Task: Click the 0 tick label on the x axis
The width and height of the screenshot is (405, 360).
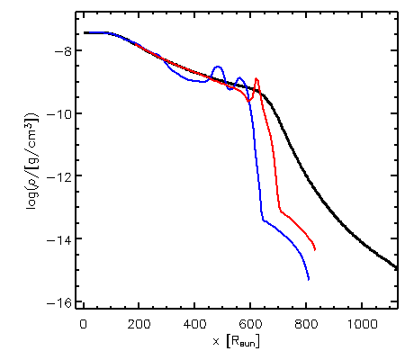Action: (x=84, y=325)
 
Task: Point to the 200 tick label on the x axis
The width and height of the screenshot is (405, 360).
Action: (x=139, y=325)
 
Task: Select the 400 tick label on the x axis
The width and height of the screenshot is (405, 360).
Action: (x=194, y=325)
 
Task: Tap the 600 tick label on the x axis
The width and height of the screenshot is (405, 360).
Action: (x=250, y=325)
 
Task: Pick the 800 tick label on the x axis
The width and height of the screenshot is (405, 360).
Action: (x=306, y=325)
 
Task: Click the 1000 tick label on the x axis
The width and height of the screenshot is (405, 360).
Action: (x=362, y=325)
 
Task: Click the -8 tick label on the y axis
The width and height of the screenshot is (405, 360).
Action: (x=63, y=51)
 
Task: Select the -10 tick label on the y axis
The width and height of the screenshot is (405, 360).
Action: (x=59, y=113)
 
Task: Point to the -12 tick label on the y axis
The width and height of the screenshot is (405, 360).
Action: (x=59, y=176)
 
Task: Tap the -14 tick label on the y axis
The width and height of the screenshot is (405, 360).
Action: (x=59, y=239)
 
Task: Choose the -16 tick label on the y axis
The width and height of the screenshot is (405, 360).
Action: (x=59, y=302)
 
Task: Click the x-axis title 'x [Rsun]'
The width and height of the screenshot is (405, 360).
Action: (x=236, y=341)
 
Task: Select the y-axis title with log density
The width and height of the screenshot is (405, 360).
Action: (x=33, y=160)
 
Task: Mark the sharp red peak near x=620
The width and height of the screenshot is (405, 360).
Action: (x=256, y=78)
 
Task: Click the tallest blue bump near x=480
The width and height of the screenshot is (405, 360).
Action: (x=218, y=67)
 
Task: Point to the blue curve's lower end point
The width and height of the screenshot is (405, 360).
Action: (x=309, y=280)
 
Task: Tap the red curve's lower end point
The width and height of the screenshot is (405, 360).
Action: (x=315, y=249)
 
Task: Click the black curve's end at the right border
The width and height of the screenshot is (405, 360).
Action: (x=396, y=267)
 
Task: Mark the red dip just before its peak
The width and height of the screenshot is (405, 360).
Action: (x=248, y=101)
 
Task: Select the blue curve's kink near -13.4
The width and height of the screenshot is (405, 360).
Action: (x=263, y=220)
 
